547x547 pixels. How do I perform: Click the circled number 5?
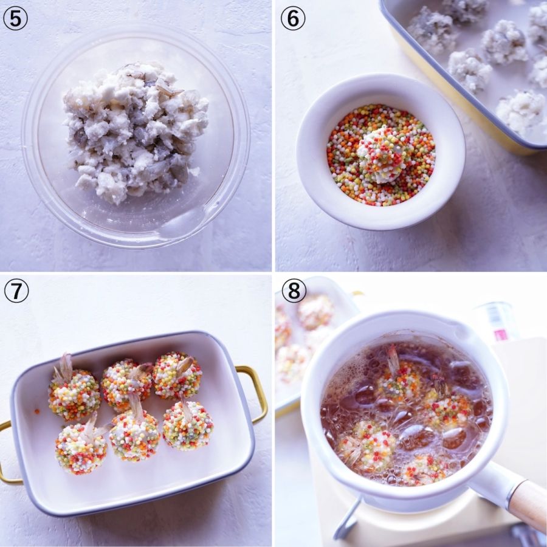(15, 18)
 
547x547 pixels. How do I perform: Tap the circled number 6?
(293, 18)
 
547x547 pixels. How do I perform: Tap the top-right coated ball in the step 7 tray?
(177, 376)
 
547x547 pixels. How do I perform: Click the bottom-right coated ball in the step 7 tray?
(188, 425)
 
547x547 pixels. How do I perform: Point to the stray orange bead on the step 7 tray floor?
(36, 411)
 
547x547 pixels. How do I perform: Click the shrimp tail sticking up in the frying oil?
(393, 356)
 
